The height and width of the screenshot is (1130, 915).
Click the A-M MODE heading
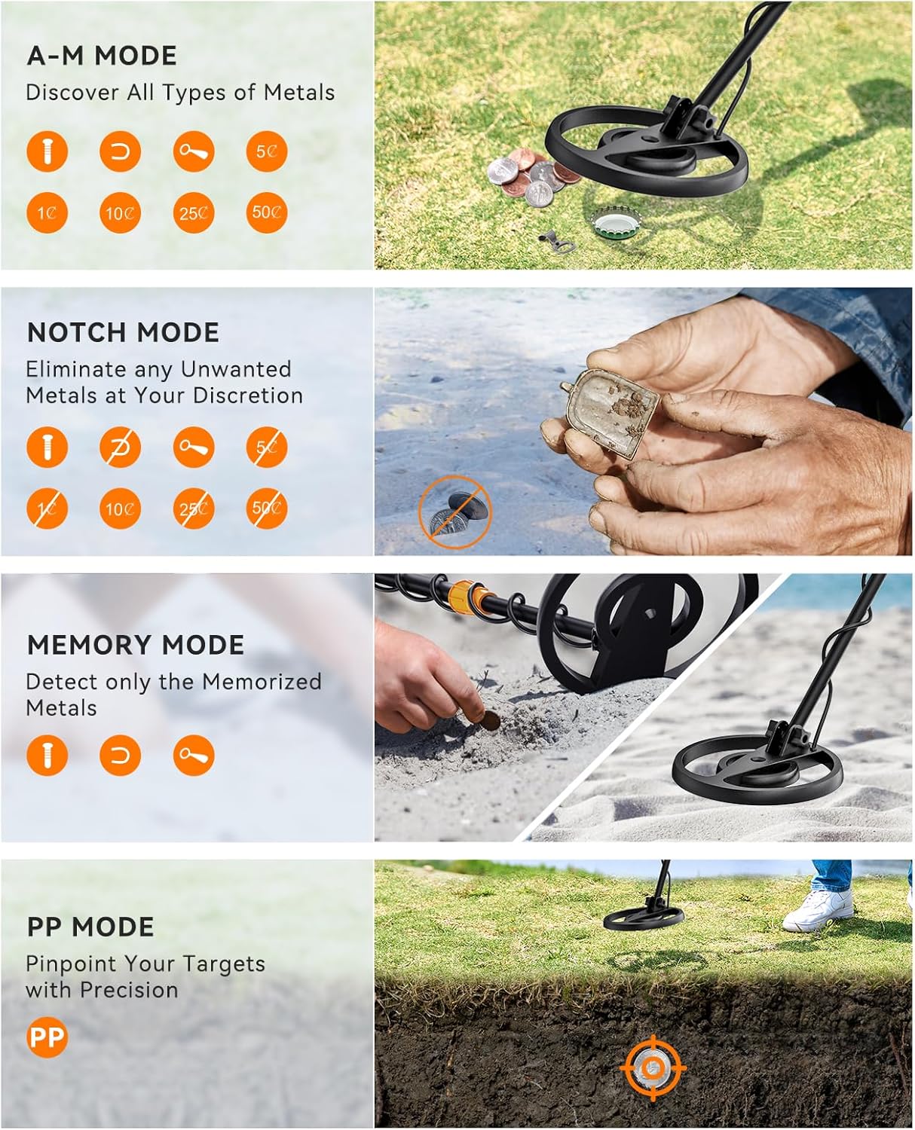(x=102, y=56)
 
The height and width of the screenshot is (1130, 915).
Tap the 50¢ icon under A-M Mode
(x=266, y=212)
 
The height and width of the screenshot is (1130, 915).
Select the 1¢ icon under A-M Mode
(x=47, y=213)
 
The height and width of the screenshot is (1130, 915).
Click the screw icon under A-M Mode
(x=47, y=151)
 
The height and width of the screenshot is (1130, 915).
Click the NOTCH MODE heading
(x=123, y=332)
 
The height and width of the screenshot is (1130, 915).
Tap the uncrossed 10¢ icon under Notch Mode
(x=120, y=508)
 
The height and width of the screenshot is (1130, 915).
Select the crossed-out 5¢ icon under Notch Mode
(x=266, y=447)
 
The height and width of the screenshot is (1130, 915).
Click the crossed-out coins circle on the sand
(x=454, y=512)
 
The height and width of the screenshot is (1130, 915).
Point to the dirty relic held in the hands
(x=611, y=419)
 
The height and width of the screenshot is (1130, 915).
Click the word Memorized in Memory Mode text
(x=262, y=682)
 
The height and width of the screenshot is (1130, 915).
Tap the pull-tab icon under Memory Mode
(x=194, y=756)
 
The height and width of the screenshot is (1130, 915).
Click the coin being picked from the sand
(x=491, y=720)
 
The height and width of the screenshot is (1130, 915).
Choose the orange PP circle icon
(x=47, y=1037)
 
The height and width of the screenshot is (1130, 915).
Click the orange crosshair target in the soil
(x=653, y=1067)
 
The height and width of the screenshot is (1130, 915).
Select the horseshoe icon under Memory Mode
(x=120, y=756)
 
